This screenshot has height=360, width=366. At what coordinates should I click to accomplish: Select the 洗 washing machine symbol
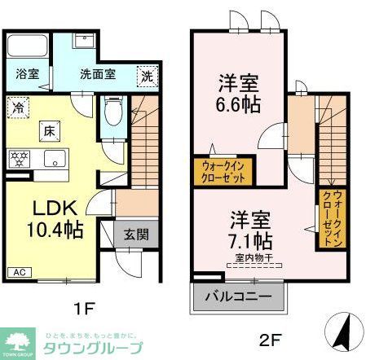[x=145, y=74]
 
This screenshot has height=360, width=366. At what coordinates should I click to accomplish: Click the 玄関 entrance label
[x=136, y=235]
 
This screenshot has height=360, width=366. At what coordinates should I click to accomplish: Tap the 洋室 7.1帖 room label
[x=249, y=230]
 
